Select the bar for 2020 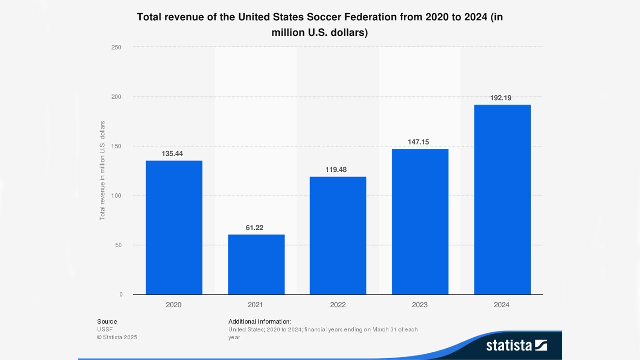click(174, 227)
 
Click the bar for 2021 click(256, 264)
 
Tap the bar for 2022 click(338, 235)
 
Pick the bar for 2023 click(420, 222)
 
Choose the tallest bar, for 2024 click(502, 199)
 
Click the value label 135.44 click(172, 154)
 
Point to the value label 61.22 click(254, 228)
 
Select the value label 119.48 click(336, 170)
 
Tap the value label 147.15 click(418, 142)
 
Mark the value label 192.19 click(500, 98)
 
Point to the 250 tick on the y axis click(116, 47)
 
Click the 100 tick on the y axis click(116, 196)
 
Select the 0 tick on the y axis click(121, 294)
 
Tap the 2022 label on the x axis click(338, 305)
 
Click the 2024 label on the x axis click(501, 305)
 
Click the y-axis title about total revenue click(102, 170)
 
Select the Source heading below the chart click(107, 322)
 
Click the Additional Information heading click(259, 322)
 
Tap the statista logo click(516, 345)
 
